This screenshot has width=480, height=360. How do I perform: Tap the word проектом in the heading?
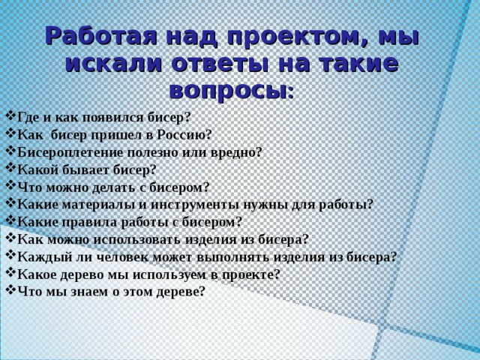point(274,37)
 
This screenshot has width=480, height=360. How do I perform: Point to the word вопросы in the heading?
point(228,91)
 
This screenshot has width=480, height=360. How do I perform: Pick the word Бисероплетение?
point(68,151)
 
